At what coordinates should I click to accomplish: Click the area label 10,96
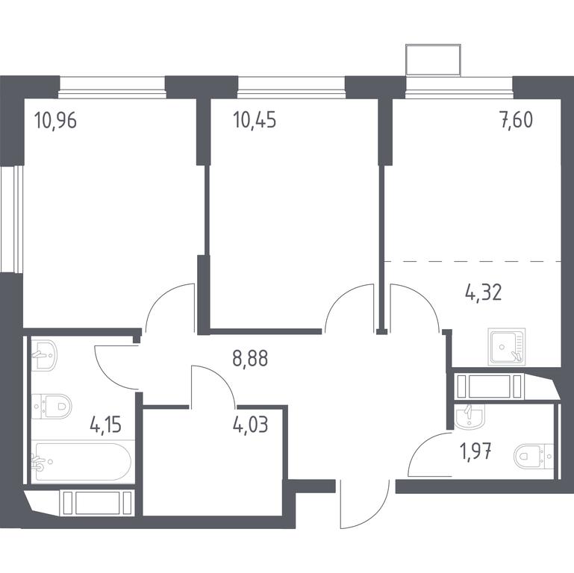(55, 120)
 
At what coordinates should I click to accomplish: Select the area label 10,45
(255, 120)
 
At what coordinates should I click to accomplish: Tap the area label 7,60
(517, 120)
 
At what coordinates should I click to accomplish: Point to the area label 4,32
(483, 292)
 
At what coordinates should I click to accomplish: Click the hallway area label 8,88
(250, 358)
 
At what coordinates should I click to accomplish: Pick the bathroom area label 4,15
(105, 425)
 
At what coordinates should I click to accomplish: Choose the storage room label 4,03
(250, 425)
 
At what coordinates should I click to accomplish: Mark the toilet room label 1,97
(475, 451)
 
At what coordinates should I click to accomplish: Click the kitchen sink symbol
(507, 347)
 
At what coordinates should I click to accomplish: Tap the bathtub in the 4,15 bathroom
(81, 462)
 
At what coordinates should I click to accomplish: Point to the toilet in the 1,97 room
(534, 457)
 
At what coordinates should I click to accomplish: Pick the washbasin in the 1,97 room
(470, 416)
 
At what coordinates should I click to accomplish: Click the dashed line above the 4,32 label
(472, 261)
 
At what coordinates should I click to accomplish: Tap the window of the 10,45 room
(291, 87)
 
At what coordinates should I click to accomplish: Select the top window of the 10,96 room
(112, 87)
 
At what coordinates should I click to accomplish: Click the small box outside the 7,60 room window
(433, 60)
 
